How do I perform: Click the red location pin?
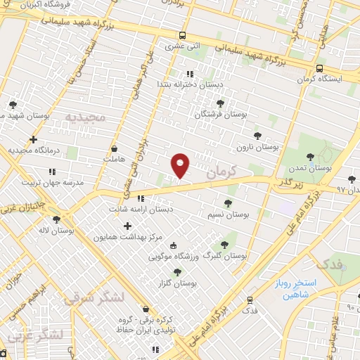click(180, 165)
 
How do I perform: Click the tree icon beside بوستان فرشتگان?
click(220, 103)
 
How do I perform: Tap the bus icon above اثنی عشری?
click(183, 35)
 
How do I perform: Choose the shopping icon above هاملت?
click(115, 149)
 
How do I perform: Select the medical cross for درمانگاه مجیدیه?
click(33, 139)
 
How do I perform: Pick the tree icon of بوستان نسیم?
click(228, 202)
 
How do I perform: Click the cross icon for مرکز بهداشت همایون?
click(127, 226)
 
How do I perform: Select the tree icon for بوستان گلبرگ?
click(225, 245)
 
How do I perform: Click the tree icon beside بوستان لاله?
click(56, 219)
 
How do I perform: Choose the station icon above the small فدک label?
click(250, 300)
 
